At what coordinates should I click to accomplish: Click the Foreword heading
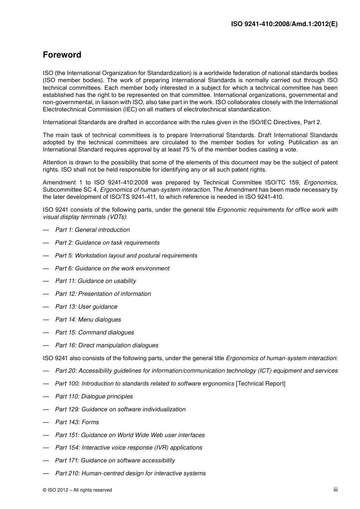[62, 55]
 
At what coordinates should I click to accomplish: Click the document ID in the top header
[284, 24]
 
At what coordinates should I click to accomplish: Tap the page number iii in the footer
[335, 490]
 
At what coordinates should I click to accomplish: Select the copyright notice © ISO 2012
[77, 490]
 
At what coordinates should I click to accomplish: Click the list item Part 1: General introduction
[92, 230]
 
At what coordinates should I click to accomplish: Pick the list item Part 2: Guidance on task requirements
[107, 243]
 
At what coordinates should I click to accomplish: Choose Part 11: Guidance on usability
[95, 281]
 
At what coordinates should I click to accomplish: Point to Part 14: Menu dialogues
[88, 320]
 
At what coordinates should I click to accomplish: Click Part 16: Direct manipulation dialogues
[106, 345]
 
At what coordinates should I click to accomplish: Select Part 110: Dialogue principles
[94, 397]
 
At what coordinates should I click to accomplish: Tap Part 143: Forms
[77, 422]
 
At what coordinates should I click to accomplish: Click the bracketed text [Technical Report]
[261, 384]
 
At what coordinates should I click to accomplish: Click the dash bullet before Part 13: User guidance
[46, 307]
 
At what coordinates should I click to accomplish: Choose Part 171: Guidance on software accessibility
[115, 461]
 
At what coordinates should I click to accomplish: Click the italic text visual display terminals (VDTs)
[85, 217]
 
